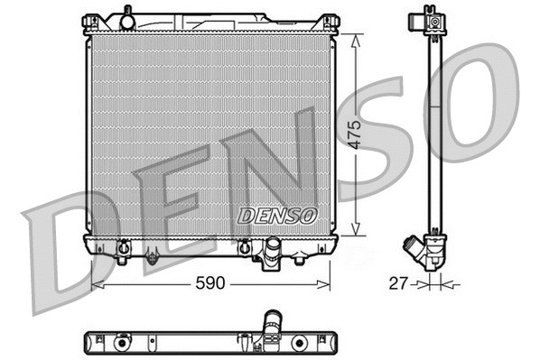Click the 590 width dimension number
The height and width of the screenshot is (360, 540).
pos(209,283)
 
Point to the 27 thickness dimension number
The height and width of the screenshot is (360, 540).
pos(396,283)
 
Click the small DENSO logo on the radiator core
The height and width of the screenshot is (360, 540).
pos(277,216)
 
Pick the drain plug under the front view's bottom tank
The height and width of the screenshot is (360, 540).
pos(152,258)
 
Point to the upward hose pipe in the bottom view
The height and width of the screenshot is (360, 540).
pos(272,322)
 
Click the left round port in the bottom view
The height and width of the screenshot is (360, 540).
pos(119,343)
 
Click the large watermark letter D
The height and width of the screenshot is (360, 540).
pos(63,248)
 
